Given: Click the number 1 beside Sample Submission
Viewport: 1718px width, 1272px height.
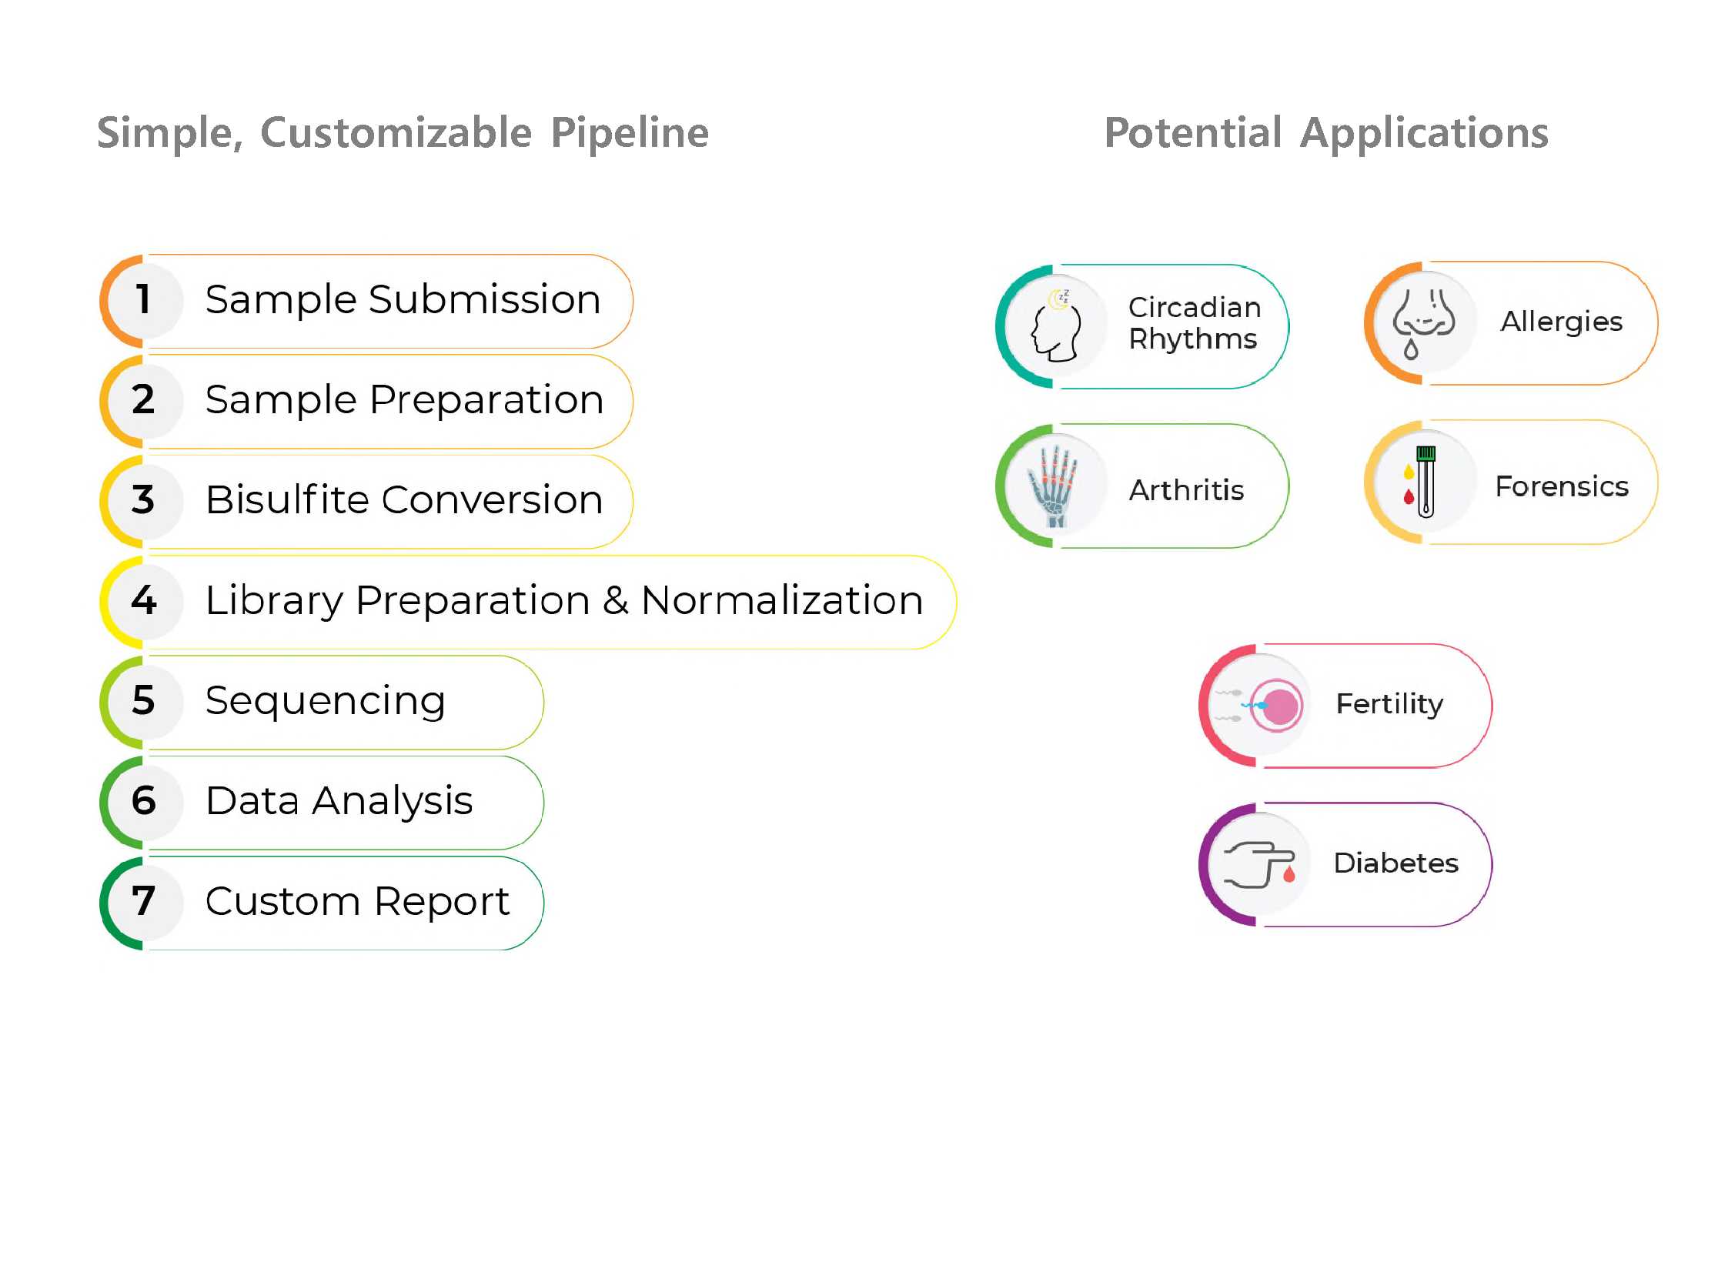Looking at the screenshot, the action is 143,299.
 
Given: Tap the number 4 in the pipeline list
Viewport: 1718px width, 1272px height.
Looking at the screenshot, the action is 144,599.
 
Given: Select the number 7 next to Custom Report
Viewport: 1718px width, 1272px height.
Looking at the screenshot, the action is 143,900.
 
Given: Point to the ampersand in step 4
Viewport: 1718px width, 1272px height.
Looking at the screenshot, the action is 615,599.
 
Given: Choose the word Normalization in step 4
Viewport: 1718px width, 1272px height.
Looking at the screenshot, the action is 781,599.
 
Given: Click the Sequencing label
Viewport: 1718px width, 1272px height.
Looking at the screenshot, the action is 325,702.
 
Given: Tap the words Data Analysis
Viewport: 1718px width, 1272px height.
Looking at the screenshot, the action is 339,802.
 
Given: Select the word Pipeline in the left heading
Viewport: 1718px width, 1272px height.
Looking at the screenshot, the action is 630,132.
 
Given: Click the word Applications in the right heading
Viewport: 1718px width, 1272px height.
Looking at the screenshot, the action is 1424,132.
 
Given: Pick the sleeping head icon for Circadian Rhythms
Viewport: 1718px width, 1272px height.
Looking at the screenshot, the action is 1057,326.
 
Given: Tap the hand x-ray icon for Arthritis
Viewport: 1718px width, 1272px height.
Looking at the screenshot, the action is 1053,486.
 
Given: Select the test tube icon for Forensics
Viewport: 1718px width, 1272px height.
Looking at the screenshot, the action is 1420,482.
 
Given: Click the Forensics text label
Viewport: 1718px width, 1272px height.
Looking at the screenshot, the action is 1562,486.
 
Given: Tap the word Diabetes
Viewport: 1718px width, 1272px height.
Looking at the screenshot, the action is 1395,863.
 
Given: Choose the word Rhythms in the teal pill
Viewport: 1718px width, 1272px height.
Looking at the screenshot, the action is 1193,339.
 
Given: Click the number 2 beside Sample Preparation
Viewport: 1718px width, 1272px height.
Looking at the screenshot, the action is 143,399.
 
